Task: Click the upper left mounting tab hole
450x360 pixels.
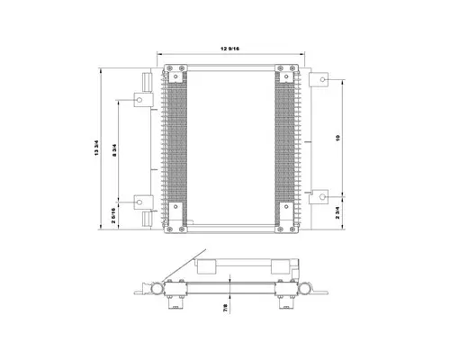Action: click(x=141, y=99)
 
